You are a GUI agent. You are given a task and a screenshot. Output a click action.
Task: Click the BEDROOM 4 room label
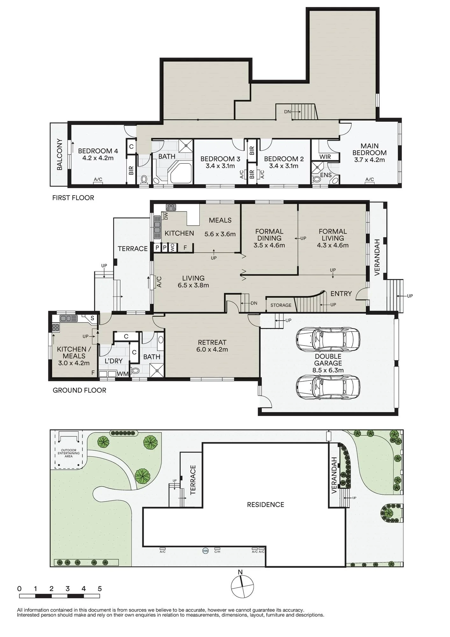[x=98, y=151]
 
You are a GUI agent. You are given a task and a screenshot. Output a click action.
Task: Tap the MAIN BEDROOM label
[x=369, y=149]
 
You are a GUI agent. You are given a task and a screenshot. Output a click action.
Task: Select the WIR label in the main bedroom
[x=325, y=157]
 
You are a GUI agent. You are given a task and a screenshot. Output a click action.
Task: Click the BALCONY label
[x=60, y=154]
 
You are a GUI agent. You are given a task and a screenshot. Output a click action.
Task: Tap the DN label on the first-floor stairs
[x=287, y=112]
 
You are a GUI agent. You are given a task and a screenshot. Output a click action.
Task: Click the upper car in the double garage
[x=328, y=339]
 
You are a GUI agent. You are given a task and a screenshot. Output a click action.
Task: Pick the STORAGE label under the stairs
[x=281, y=305]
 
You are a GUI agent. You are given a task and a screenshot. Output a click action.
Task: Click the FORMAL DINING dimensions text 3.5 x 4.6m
[x=269, y=245]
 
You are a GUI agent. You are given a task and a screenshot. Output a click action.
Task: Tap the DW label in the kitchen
[x=166, y=216]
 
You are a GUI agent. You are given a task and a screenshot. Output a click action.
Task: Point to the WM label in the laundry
[x=123, y=374]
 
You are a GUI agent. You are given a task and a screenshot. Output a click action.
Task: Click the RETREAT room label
[x=212, y=342]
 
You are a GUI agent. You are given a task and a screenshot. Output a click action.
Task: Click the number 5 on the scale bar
[x=100, y=589]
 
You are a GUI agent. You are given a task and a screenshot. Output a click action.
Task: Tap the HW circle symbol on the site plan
[x=205, y=550]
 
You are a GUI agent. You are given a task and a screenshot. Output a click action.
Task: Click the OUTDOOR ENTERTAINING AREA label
[x=69, y=453]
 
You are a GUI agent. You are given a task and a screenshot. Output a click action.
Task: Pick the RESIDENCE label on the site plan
[x=266, y=505]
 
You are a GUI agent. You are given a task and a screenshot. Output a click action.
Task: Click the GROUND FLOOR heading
[x=79, y=390]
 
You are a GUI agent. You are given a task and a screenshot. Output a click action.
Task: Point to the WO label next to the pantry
[x=172, y=247]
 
